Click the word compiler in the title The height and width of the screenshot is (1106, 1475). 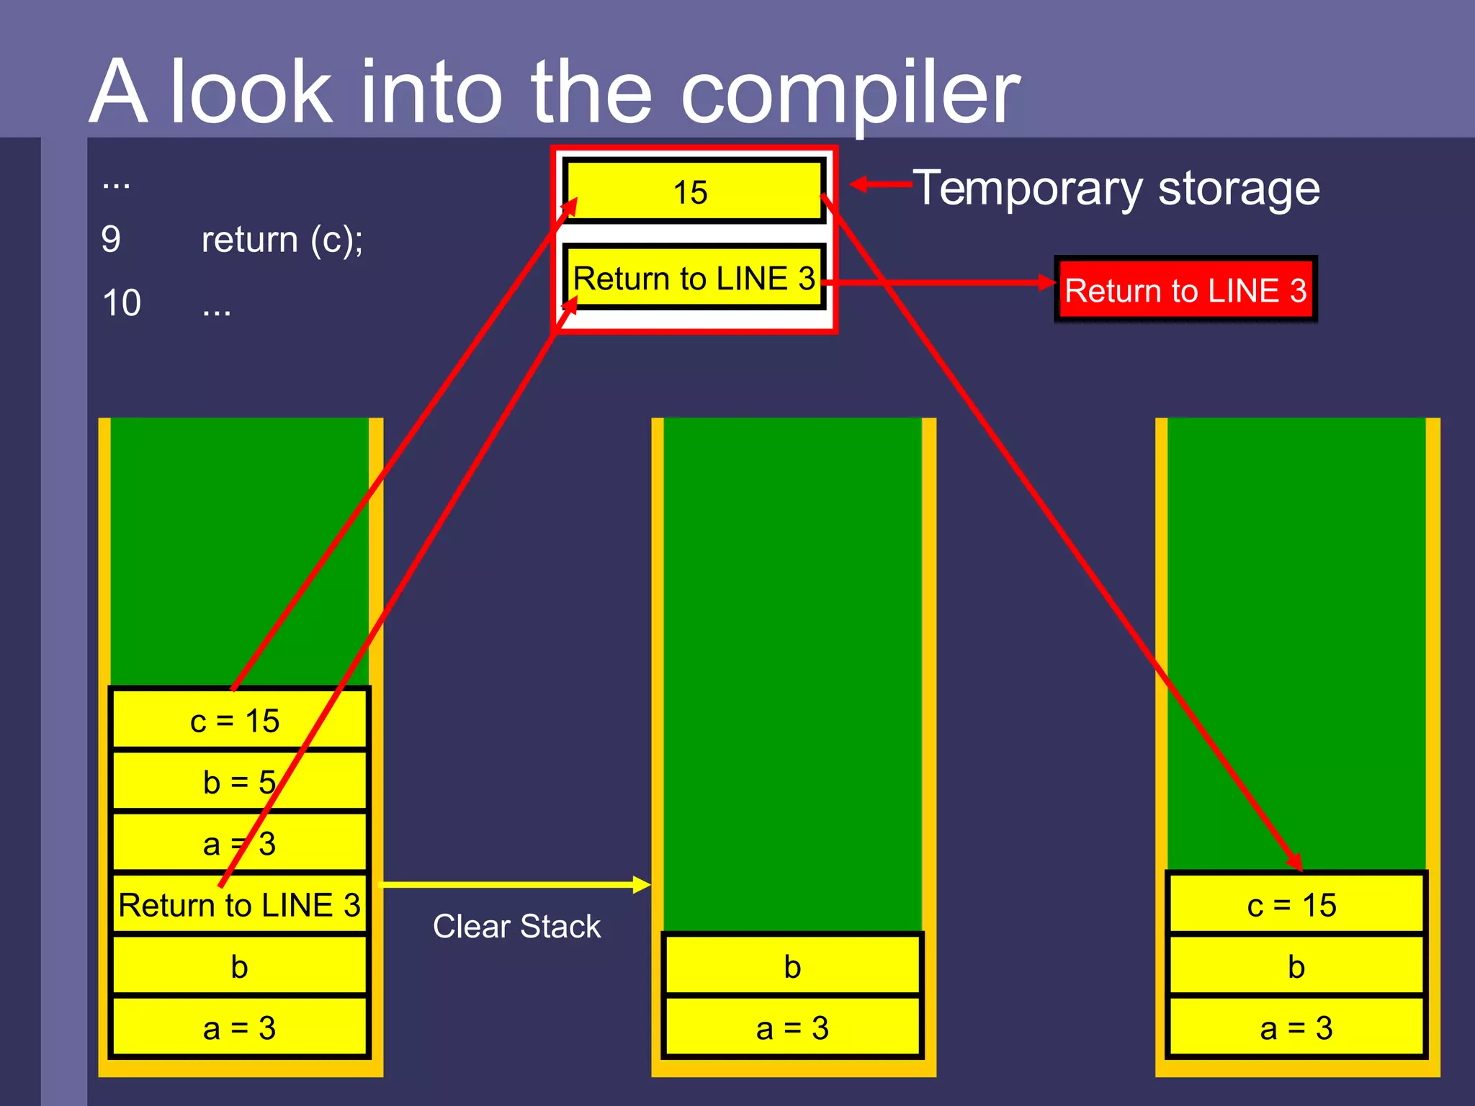click(x=850, y=94)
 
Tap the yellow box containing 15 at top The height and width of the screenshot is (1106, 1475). click(x=691, y=192)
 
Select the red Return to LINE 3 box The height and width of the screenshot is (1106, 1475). click(x=1185, y=289)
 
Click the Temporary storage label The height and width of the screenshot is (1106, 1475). click(x=1116, y=189)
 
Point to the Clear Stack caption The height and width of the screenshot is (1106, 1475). click(x=516, y=926)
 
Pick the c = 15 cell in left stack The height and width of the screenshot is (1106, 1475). click(x=238, y=720)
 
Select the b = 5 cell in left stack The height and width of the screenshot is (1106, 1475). click(x=238, y=782)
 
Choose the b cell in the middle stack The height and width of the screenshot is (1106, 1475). click(x=792, y=966)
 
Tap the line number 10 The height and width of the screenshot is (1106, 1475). click(x=122, y=303)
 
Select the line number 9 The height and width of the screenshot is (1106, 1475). click(x=111, y=239)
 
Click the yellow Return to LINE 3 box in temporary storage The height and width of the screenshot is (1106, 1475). click(x=693, y=279)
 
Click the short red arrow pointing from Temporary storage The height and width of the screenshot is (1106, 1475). click(x=880, y=185)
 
